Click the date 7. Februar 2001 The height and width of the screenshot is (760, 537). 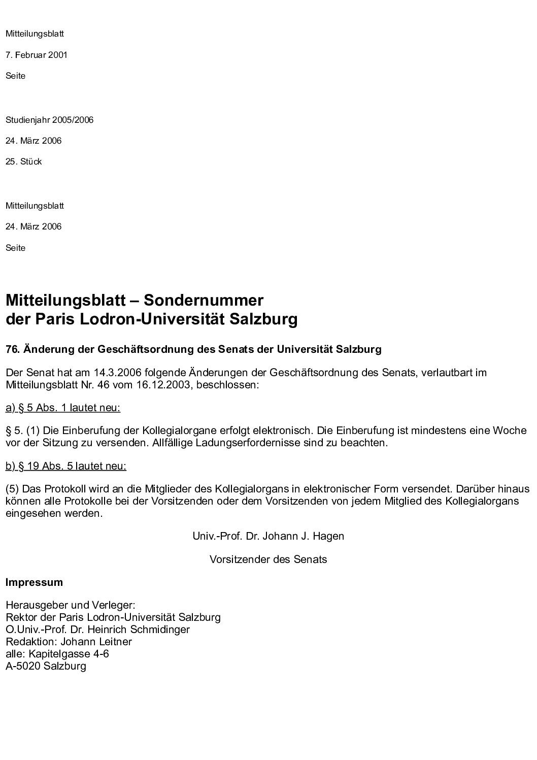coord(36,55)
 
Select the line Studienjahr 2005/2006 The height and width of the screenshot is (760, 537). coord(49,120)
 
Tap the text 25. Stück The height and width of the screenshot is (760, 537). coord(23,162)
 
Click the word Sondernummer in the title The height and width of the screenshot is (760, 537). coord(204,301)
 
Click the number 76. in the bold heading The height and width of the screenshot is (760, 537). coord(12,349)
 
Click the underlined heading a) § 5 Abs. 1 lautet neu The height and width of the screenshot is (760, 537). coord(63,408)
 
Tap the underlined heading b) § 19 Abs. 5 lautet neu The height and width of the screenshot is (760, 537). coord(66,466)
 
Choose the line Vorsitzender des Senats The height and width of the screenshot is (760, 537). coord(268,559)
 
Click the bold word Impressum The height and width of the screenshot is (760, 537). coord(34,582)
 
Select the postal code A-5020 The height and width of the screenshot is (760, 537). coord(23,666)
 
